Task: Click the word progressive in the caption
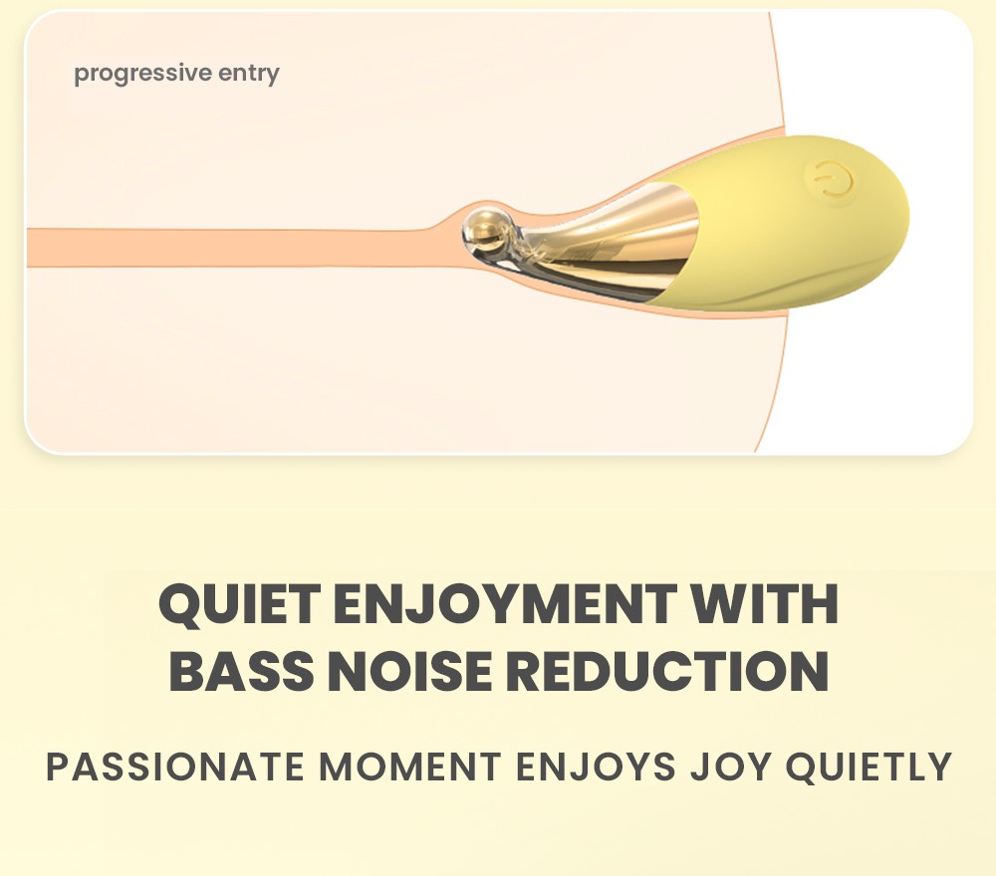[143, 74]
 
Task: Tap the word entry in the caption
[249, 75]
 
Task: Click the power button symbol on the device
[830, 181]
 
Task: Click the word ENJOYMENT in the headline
[504, 603]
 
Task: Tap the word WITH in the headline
[764, 603]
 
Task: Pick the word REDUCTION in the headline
[667, 671]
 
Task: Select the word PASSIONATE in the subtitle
[175, 766]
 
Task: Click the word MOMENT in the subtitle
[409, 766]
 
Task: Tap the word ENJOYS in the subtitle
[596, 766]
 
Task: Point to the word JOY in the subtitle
[730, 766]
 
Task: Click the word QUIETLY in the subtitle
[869, 766]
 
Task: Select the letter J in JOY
[700, 766]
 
